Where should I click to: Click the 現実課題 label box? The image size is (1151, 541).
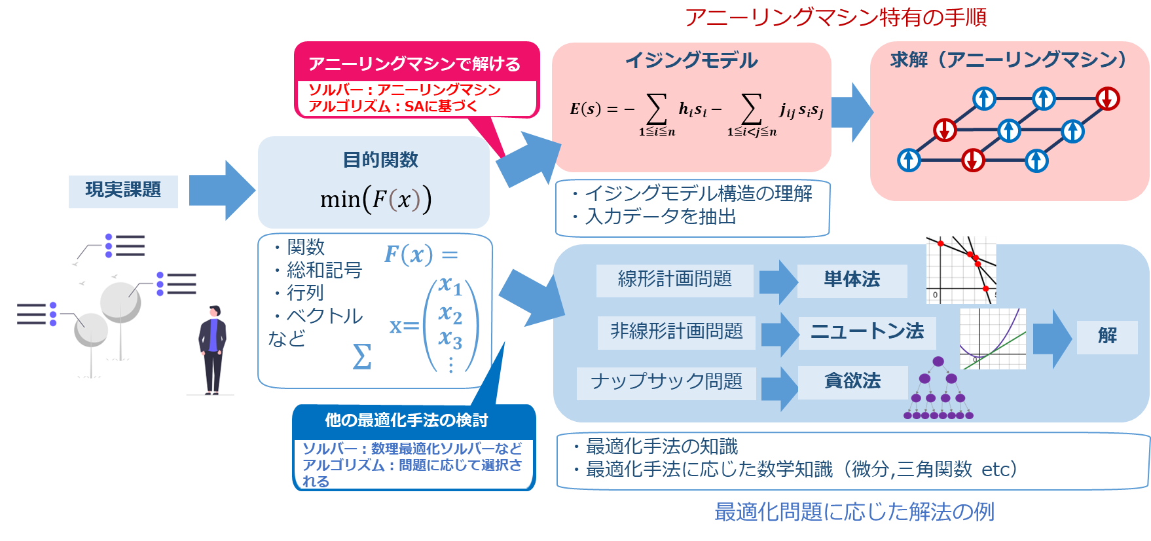tap(123, 191)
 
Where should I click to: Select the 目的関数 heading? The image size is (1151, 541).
tap(380, 160)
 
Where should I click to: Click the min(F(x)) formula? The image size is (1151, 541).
tap(376, 199)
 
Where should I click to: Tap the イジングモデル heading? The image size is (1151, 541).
tap(691, 61)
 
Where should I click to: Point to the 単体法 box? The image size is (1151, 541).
tap(852, 280)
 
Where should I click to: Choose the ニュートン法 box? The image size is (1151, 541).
tap(867, 332)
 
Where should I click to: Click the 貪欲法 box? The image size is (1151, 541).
tap(852, 382)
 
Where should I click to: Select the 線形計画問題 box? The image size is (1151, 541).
tap(675, 280)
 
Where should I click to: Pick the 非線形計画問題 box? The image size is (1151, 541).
tap(677, 332)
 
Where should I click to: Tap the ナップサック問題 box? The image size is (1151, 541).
tap(667, 382)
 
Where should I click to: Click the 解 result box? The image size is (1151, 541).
tap(1107, 337)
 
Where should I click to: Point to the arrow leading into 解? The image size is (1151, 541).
tap(1052, 338)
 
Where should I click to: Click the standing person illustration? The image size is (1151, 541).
tap(213, 350)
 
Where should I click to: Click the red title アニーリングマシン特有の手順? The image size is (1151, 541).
tap(835, 17)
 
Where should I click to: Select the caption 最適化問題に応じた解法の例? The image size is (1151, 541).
tap(854, 512)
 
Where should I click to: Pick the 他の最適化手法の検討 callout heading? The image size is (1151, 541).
tap(407, 420)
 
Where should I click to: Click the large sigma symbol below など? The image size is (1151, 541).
tap(362, 357)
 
